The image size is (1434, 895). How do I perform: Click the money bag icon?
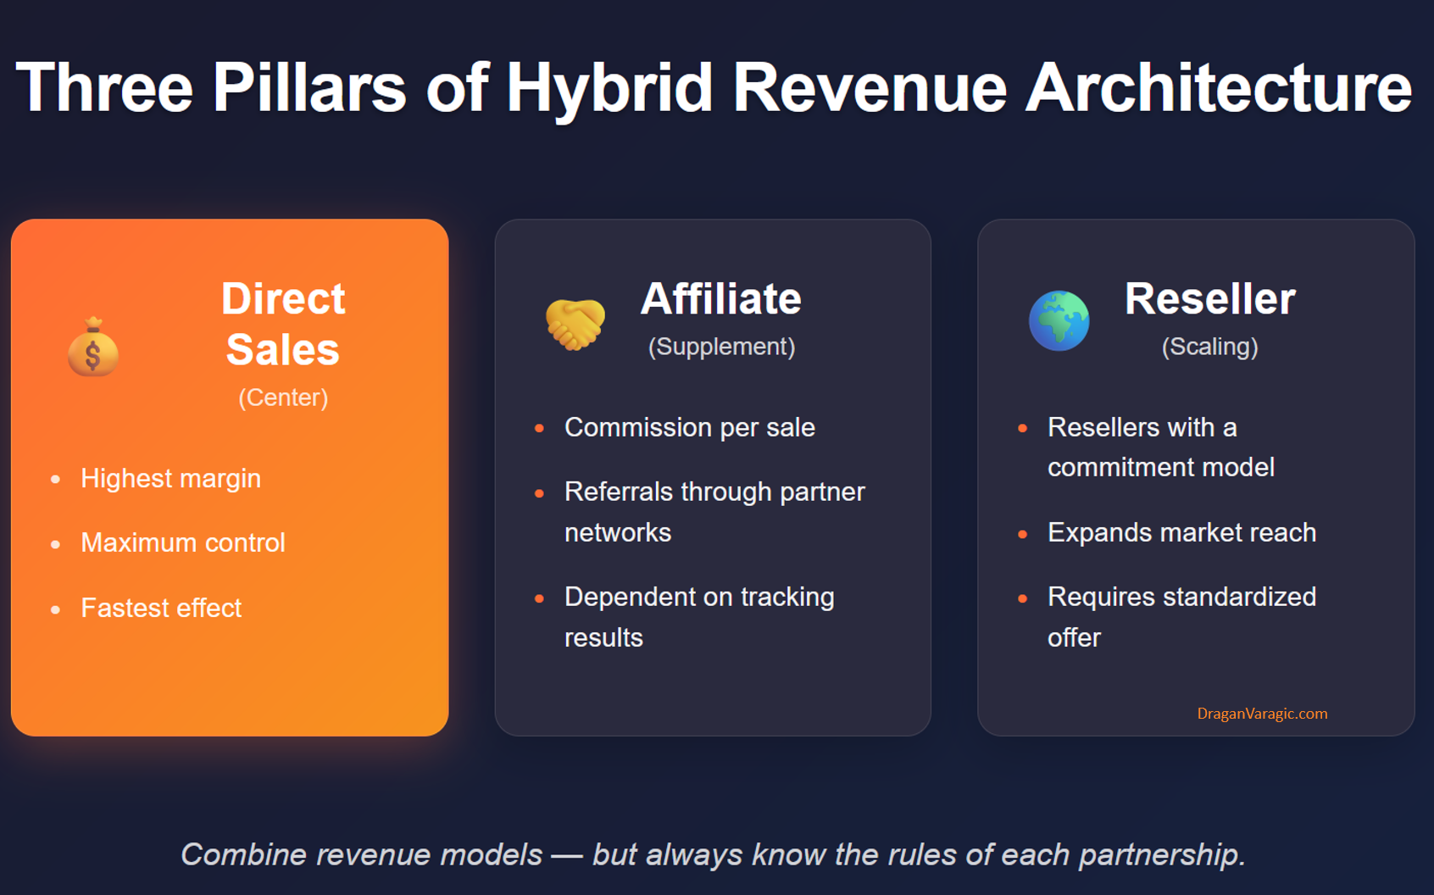[x=93, y=347]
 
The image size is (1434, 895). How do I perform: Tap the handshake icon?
[x=575, y=324]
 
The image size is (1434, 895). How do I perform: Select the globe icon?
[x=1059, y=320]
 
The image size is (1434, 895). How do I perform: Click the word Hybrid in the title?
[x=609, y=87]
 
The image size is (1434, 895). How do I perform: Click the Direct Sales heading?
[x=283, y=324]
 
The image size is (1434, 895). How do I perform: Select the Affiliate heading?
[x=721, y=299]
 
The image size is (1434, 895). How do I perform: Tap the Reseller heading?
[x=1210, y=299]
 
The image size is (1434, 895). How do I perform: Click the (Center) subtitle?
[x=283, y=397]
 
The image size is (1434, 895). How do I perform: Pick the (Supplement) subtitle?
[x=721, y=347]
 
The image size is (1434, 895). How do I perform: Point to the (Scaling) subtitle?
[x=1210, y=347]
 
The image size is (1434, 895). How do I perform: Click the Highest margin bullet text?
[x=171, y=478]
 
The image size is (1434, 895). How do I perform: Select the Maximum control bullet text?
[x=183, y=543]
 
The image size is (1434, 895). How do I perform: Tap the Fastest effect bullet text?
[x=161, y=608]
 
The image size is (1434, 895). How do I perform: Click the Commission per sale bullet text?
[x=690, y=427]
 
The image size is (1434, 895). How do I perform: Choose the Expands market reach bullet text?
[x=1181, y=532]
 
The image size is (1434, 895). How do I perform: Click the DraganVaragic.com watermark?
[x=1263, y=714]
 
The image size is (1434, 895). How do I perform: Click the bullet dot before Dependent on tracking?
[x=539, y=598]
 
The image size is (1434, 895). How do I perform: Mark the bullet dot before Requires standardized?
[x=1022, y=598]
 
